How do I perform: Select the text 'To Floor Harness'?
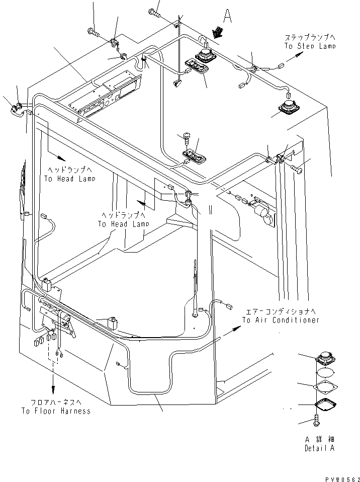click(x=56, y=411)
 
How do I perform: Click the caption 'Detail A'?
click(x=319, y=448)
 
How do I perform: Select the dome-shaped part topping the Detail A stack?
click(x=325, y=360)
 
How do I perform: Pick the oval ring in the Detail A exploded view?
click(x=325, y=373)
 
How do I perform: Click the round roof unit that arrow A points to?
click(x=205, y=55)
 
